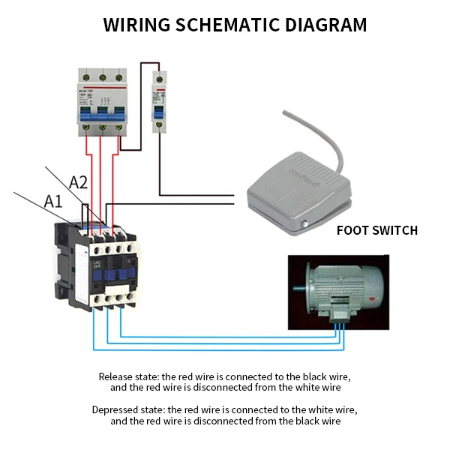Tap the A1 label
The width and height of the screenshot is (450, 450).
pyautogui.click(x=53, y=201)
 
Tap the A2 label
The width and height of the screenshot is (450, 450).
pyautogui.click(x=79, y=182)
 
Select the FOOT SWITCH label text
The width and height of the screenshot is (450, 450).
pyautogui.click(x=376, y=230)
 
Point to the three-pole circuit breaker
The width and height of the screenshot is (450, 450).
pyautogui.click(x=101, y=105)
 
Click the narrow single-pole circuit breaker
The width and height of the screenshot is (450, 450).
pyautogui.click(x=159, y=101)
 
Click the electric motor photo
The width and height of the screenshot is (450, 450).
pyautogui.click(x=338, y=292)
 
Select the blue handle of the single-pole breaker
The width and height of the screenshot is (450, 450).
pyautogui.click(x=159, y=110)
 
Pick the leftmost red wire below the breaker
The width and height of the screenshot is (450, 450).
pyautogui.click(x=88, y=180)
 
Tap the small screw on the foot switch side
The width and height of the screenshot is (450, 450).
pyautogui.click(x=305, y=224)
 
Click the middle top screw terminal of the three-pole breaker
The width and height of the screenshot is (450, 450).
pyautogui.click(x=101, y=76)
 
